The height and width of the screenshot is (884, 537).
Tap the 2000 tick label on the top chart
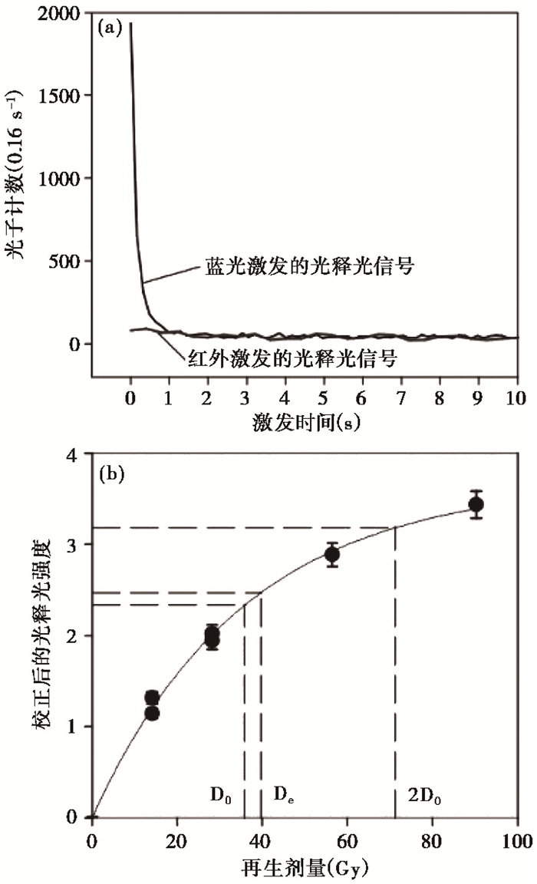point(60,12)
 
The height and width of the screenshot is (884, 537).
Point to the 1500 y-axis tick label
point(60,95)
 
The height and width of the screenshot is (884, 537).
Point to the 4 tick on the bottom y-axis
point(74,454)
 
